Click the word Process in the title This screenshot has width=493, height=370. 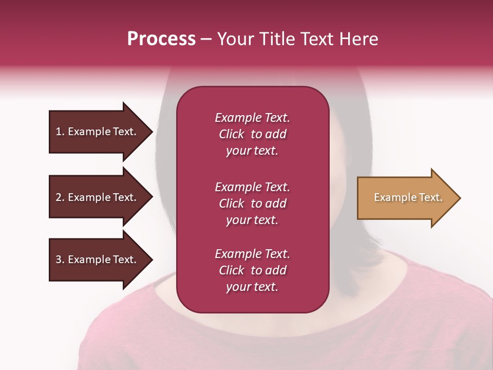[161, 39]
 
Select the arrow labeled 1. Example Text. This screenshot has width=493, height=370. [98, 132]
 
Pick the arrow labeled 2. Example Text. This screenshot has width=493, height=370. [98, 197]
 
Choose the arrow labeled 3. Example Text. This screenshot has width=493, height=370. [98, 260]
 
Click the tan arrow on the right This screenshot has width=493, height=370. [406, 198]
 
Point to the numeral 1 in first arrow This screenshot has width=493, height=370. [59, 132]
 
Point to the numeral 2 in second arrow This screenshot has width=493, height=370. [59, 197]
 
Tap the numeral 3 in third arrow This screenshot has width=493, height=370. [59, 260]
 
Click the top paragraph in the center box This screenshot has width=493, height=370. [252, 134]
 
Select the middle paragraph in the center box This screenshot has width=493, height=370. [252, 203]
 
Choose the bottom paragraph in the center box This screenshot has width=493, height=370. [252, 270]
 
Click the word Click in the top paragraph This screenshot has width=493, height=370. [232, 135]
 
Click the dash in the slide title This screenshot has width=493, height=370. [206, 39]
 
